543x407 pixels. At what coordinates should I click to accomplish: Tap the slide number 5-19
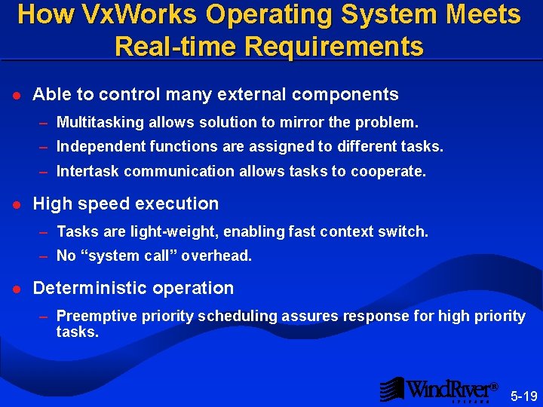pyautogui.click(x=523, y=396)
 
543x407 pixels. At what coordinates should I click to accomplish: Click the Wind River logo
pyautogui.click(x=438, y=390)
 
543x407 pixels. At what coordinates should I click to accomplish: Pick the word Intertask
pyautogui.click(x=88, y=171)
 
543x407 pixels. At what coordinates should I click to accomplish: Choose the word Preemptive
pyautogui.click(x=94, y=316)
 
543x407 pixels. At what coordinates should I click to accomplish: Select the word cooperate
pyautogui.click(x=390, y=171)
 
